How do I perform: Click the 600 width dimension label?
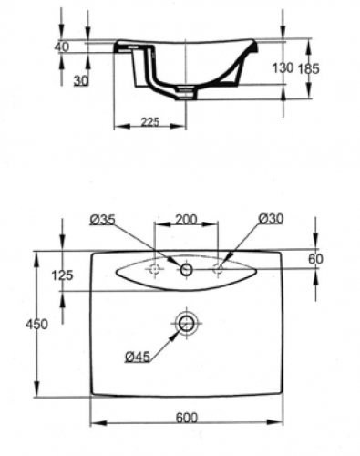(x=187, y=418)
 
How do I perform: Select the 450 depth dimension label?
(x=36, y=325)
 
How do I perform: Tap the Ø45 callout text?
(x=138, y=357)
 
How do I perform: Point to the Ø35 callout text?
(x=103, y=220)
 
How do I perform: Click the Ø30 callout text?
(x=271, y=218)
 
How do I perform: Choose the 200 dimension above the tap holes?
(x=186, y=219)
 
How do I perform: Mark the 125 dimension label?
(x=62, y=275)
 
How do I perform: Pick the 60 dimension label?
(x=315, y=259)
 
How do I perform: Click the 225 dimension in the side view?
(x=150, y=121)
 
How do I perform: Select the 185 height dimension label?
(x=308, y=68)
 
